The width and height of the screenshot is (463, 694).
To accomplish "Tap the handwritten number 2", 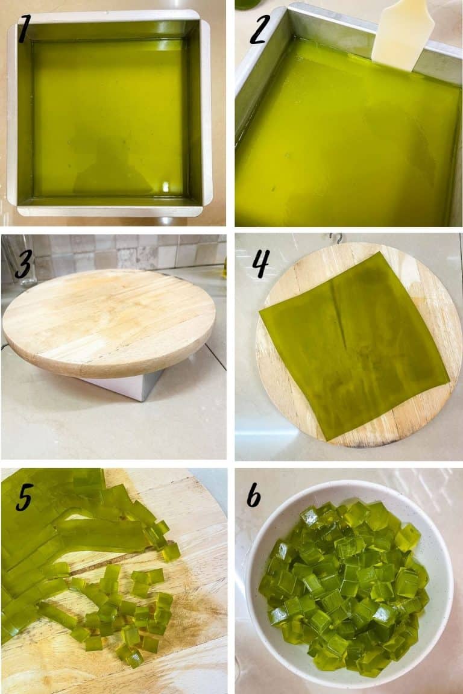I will [258, 30].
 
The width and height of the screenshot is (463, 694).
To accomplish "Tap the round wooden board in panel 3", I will [109, 319].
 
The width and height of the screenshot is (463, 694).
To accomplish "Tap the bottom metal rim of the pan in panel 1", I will [109, 210].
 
